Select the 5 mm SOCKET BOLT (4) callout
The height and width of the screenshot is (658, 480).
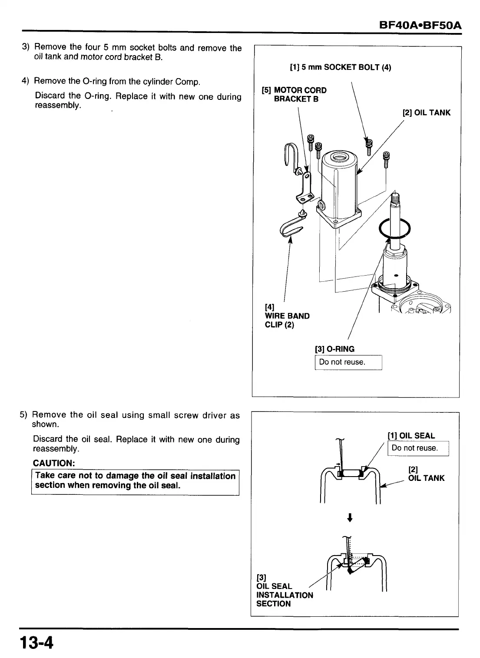(x=340, y=67)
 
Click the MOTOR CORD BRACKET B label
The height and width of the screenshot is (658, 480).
(x=295, y=94)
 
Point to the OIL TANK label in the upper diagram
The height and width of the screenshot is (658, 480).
(x=427, y=113)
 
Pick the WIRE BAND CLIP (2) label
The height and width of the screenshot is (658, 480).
(x=287, y=316)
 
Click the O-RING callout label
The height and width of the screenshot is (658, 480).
(x=334, y=349)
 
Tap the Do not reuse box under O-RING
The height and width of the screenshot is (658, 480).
(x=348, y=362)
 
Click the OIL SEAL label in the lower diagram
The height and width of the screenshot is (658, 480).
(x=411, y=436)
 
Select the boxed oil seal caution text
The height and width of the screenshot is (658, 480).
(x=135, y=481)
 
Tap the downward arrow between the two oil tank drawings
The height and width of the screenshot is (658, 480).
(x=350, y=517)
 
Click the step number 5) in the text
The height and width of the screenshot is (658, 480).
(x=24, y=415)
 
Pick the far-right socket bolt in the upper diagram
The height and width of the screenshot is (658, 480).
(x=386, y=159)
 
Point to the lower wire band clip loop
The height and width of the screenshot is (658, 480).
(x=291, y=227)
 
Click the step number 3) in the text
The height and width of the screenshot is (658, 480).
(x=26, y=47)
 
